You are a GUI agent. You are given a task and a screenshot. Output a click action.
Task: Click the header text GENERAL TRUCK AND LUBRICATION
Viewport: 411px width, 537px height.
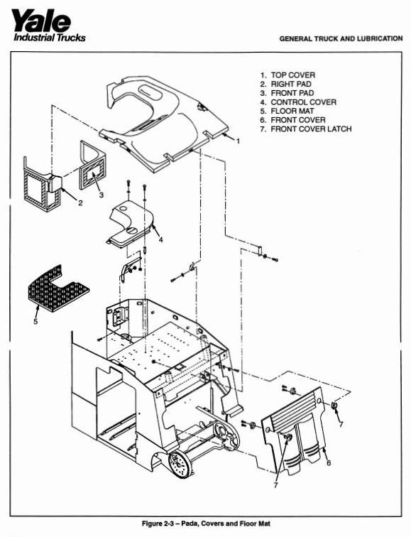(341, 38)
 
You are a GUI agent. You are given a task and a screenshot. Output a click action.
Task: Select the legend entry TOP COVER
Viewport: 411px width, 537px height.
(292, 75)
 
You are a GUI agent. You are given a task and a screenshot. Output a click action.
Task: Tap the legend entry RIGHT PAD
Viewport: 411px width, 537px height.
(291, 84)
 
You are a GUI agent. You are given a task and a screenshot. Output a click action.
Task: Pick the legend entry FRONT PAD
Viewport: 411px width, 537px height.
(291, 93)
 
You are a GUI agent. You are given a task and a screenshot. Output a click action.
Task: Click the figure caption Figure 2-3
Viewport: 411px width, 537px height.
(206, 524)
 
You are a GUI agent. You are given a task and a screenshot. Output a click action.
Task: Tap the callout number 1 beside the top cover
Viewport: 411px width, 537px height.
(238, 141)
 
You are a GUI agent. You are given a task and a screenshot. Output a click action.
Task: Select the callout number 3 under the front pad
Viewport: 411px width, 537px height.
(102, 193)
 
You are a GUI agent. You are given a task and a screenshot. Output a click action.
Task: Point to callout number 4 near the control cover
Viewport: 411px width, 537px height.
(160, 239)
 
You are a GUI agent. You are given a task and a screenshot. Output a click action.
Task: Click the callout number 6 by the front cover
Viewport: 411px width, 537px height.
(329, 462)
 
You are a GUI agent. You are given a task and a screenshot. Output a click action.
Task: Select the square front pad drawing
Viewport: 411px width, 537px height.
(91, 168)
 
